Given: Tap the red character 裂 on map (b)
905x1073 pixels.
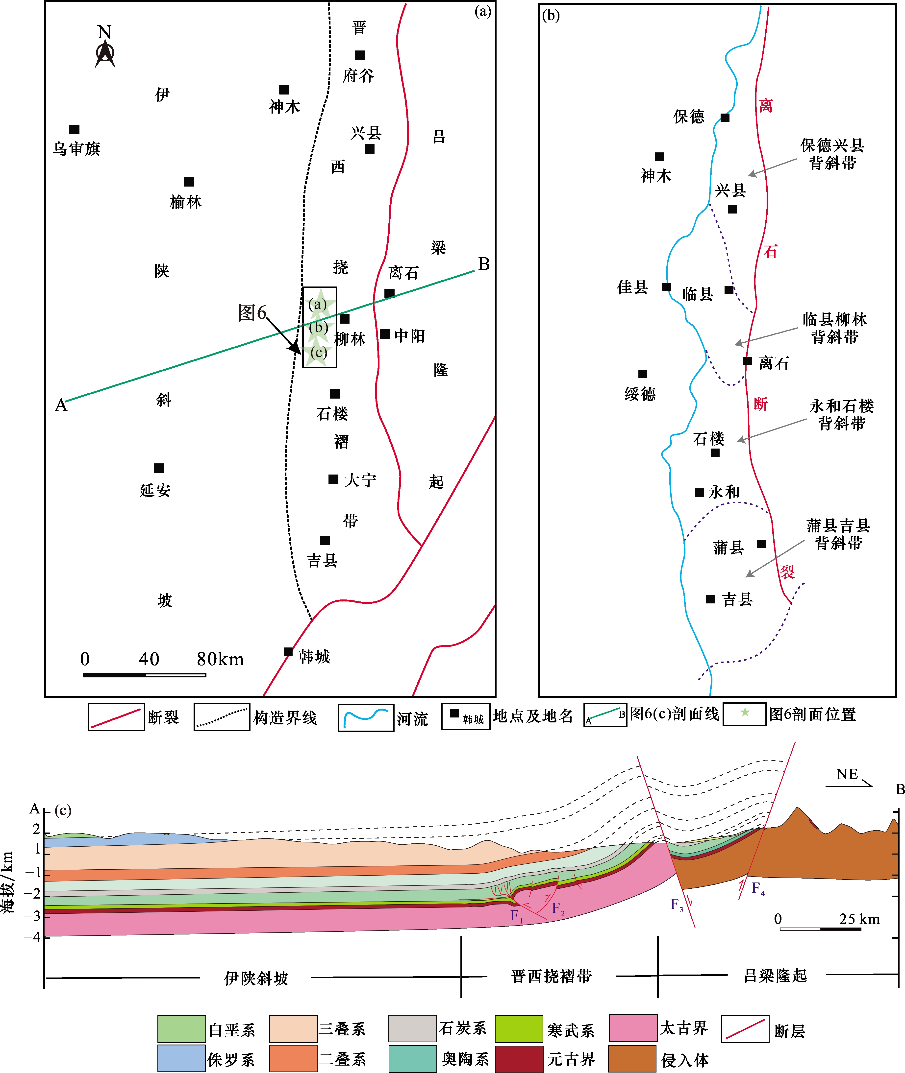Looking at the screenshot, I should click(787, 572).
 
